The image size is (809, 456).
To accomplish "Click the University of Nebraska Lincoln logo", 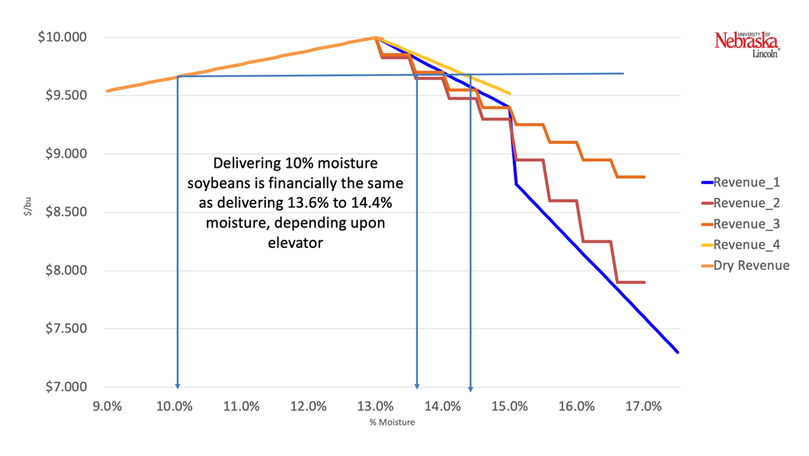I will pos(747,44).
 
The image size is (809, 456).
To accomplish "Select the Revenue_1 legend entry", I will pos(746,183).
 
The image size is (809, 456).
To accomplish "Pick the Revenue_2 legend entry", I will pos(746,204).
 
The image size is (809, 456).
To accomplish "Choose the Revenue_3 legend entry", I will pos(746,224).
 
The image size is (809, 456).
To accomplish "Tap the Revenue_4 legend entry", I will pos(746,245).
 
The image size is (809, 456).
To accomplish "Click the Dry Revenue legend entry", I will pos(751,265).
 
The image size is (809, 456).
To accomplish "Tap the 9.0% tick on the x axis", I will pos(107,407).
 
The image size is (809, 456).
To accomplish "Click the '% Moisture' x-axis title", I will pos(392,422).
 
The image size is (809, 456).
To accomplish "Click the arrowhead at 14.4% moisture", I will pos(470,388).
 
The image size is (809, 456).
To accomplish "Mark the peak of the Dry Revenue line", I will pos(375,37).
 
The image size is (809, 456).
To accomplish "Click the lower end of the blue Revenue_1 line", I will pos(678,352).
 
